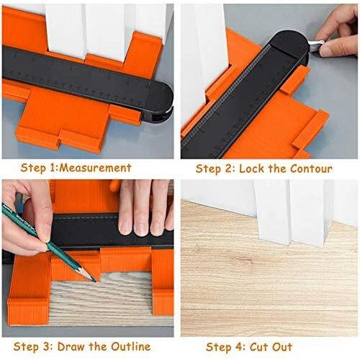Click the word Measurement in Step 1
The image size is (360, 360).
(x=95, y=168)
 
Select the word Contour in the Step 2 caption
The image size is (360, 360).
(x=311, y=168)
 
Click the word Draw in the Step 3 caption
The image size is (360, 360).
(x=71, y=347)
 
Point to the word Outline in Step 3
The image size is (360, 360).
(x=131, y=347)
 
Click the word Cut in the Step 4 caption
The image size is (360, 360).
(x=260, y=347)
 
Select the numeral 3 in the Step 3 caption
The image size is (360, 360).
(x=48, y=347)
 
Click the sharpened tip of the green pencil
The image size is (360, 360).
(x=94, y=280)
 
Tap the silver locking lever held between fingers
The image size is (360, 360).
(x=315, y=45)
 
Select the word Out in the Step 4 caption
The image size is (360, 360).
(x=283, y=347)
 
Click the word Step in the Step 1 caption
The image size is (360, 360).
(x=33, y=168)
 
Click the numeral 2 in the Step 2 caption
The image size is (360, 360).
(x=228, y=168)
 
